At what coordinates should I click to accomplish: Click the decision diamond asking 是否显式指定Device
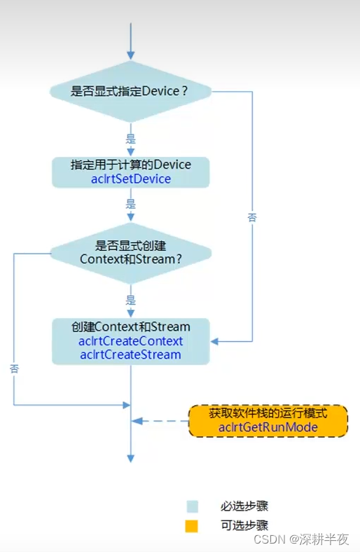pos(130,91)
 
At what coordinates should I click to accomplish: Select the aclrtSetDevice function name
pos(131,179)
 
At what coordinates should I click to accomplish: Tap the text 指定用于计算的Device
pos(131,165)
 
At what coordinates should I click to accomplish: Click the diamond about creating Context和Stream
pos(130,252)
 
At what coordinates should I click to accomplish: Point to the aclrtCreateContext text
pos(131,341)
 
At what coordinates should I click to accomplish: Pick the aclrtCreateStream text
pos(131,354)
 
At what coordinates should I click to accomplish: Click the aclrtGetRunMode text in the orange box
pos(268,427)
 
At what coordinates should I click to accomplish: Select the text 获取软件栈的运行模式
pos(268,413)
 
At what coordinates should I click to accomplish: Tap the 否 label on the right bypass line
pos(252,218)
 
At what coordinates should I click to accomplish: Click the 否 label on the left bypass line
pos(14,368)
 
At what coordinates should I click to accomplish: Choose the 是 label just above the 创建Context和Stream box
pos(130,300)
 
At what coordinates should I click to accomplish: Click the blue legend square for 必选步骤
pos(192,506)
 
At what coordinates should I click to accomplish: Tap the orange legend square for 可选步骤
pos(192,525)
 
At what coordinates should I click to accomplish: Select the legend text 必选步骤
pos(244,506)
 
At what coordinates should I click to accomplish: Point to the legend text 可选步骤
pos(244,525)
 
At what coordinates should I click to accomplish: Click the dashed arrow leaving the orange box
pos(161,421)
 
